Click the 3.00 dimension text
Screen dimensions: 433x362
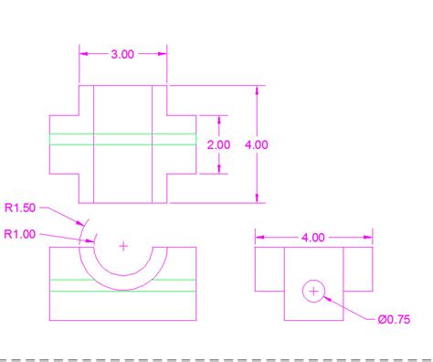tap(122, 54)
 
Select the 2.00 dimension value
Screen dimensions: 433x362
tap(218, 144)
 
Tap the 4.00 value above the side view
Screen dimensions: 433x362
tap(312, 238)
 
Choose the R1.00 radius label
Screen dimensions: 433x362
tap(20, 234)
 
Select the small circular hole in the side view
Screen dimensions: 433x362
tap(313, 292)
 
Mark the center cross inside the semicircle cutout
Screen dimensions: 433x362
tap(124, 246)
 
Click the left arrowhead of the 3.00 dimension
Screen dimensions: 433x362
tap(84, 54)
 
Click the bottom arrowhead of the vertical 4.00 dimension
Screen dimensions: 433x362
tap(259, 197)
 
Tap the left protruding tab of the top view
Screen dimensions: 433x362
tap(64, 144)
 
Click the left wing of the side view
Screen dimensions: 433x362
tap(269, 266)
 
